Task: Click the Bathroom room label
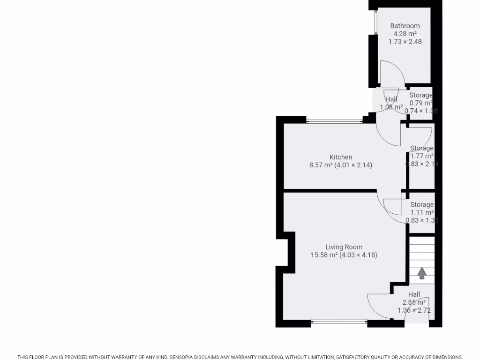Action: pyautogui.click(x=405, y=26)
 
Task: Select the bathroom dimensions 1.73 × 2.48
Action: pyautogui.click(x=405, y=42)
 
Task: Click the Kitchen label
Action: pyautogui.click(x=341, y=157)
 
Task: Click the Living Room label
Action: pyautogui.click(x=344, y=247)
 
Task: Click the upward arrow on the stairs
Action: pyautogui.click(x=422, y=273)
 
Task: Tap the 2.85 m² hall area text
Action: pyautogui.click(x=414, y=302)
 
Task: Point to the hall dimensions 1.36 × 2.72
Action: pyautogui.click(x=414, y=310)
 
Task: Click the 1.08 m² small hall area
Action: pyautogui.click(x=391, y=107)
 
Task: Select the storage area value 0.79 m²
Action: pyautogui.click(x=420, y=103)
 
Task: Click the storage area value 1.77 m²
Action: pyautogui.click(x=421, y=156)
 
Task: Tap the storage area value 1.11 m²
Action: pyautogui.click(x=421, y=212)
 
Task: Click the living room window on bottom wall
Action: pyautogui.click(x=339, y=322)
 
